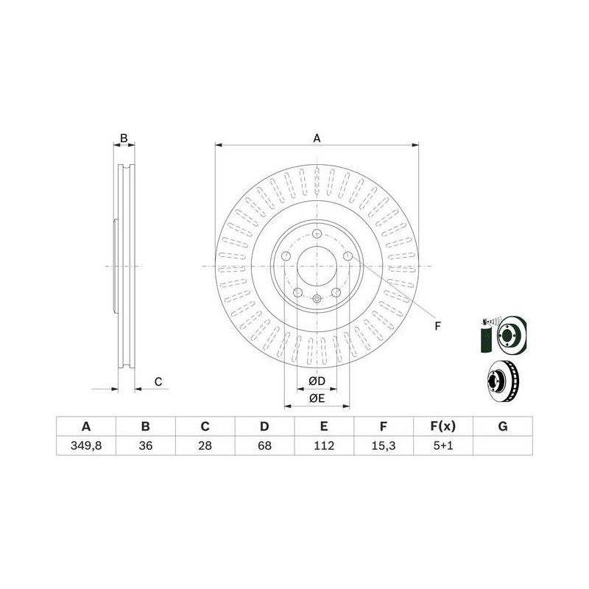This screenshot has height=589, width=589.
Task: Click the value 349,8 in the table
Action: [86, 445]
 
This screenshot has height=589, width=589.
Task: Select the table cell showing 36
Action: [145, 445]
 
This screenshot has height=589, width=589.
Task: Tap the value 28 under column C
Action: [205, 445]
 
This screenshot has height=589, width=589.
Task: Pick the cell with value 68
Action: [264, 445]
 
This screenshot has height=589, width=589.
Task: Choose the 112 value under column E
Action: [324, 445]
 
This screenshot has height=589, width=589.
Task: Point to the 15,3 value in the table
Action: [383, 445]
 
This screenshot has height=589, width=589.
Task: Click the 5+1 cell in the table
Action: [443, 445]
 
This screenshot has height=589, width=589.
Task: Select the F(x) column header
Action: [443, 426]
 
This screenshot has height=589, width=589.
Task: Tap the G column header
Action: [503, 426]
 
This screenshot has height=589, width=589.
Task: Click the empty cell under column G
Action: [503, 446]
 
